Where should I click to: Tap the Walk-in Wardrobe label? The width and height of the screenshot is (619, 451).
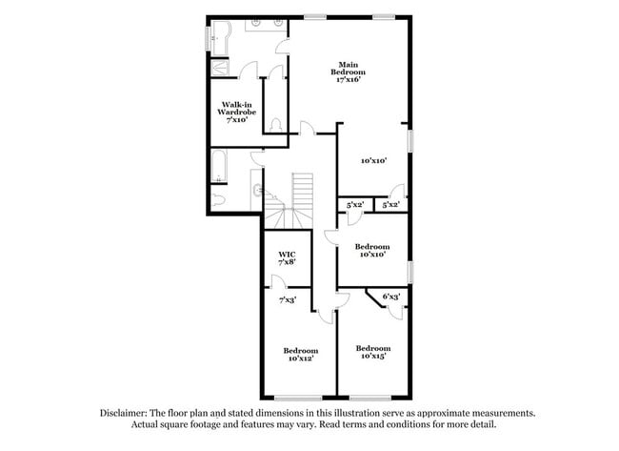(238, 113)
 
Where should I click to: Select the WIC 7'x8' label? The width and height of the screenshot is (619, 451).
(287, 256)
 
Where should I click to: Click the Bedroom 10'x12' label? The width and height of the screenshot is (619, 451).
(299, 354)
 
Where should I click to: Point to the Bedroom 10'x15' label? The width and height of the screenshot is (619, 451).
(373, 352)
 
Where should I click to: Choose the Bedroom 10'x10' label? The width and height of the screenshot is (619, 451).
(372, 250)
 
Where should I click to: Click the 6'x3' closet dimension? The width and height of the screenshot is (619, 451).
(390, 297)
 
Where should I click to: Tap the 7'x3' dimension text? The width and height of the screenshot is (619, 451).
(287, 300)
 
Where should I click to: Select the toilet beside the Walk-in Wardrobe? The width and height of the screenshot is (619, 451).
(274, 124)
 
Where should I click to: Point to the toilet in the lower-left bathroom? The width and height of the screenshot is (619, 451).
(218, 197)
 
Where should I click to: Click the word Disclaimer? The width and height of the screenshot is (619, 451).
(126, 413)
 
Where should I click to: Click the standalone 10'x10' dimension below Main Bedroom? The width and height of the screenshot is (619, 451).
(372, 161)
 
